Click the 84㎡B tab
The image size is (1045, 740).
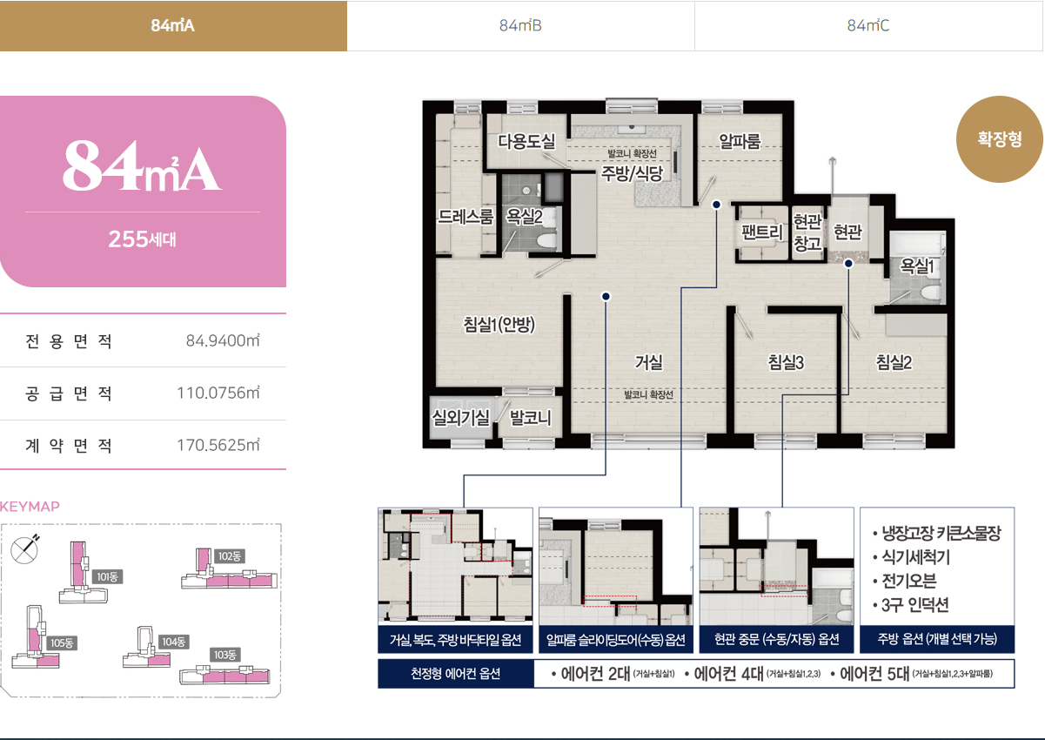tap(520, 25)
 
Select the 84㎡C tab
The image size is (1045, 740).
tap(868, 25)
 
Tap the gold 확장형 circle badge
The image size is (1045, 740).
tap(999, 139)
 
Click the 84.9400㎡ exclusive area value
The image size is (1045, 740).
tap(223, 340)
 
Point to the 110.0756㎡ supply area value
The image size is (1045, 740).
tap(218, 394)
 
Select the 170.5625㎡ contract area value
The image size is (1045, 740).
tap(218, 445)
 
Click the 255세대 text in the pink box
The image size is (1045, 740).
tap(143, 239)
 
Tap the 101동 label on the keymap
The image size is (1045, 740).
tap(107, 577)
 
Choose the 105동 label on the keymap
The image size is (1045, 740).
tap(62, 642)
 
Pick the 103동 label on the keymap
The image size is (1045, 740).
tap(224, 655)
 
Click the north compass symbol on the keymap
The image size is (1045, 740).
tap(25, 549)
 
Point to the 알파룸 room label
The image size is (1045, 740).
tap(740, 141)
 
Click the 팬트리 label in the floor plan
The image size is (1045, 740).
tap(762, 232)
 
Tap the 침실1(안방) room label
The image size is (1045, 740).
tap(499, 324)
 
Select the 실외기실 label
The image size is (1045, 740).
tap(461, 417)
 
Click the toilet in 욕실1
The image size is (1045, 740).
tap(931, 293)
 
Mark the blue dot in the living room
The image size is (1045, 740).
tap(606, 297)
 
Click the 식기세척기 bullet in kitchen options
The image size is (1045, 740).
tap(912, 557)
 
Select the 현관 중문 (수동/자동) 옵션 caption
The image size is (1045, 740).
tap(777, 639)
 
